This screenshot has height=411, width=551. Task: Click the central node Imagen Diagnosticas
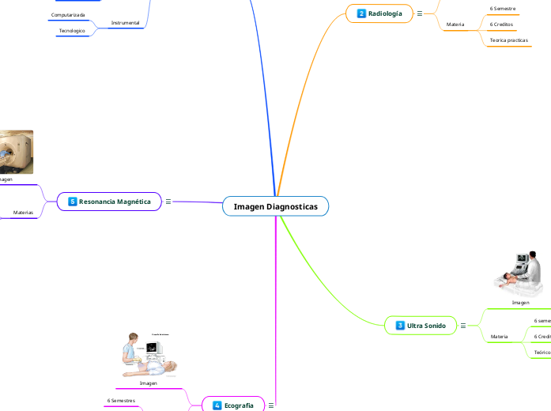[275, 206]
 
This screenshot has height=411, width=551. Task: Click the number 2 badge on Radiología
[361, 13]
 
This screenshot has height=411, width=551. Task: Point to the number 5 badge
[72, 202]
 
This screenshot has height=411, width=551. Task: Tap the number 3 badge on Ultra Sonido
[400, 326]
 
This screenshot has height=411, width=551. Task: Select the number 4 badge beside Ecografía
[217, 405]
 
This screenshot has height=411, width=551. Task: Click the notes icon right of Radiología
[419, 13]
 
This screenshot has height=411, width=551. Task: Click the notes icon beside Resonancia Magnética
[168, 202]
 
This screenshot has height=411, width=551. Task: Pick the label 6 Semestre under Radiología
[503, 8]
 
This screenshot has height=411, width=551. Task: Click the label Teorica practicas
[509, 39]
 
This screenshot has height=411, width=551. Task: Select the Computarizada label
[68, 15]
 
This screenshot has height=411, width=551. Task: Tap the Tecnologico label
[72, 30]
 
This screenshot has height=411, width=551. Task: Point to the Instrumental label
[125, 23]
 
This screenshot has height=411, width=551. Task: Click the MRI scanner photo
[16, 152]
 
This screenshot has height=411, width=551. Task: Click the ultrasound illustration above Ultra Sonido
[519, 273]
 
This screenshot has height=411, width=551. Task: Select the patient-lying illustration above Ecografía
[149, 355]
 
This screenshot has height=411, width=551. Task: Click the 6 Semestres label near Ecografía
[121, 401]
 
